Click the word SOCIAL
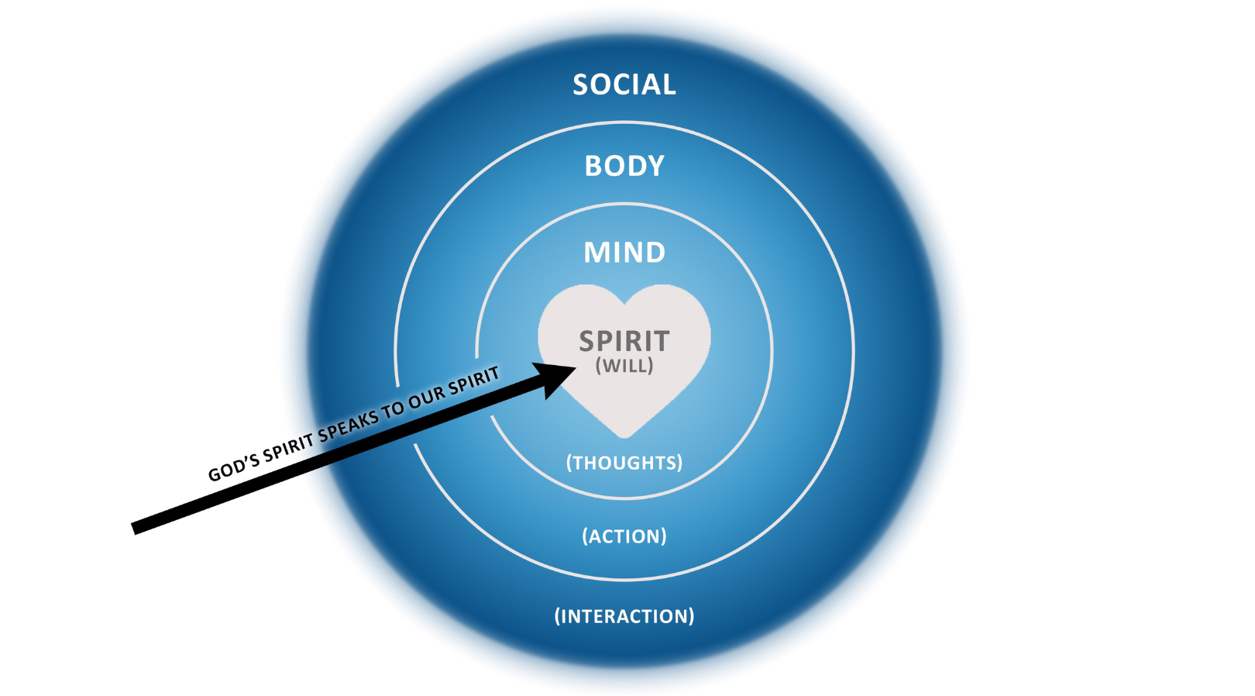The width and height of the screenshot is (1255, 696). pos(624,84)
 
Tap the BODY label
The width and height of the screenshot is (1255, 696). pos(624,166)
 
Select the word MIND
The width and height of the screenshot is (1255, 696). pos(624,253)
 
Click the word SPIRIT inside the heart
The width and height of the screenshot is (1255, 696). pos(624,341)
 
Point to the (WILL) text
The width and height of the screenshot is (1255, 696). pos(624,366)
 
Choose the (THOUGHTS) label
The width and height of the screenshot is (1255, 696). pos(624,463)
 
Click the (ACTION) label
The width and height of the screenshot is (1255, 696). pos(624,536)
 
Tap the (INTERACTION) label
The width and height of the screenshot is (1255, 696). pos(624,616)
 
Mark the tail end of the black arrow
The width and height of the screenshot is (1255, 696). pos(135,529)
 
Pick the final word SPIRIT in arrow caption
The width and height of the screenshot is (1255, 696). pos(474,378)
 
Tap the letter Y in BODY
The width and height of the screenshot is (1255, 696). pos(655,166)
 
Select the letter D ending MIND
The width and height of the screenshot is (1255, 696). pos(655,253)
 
